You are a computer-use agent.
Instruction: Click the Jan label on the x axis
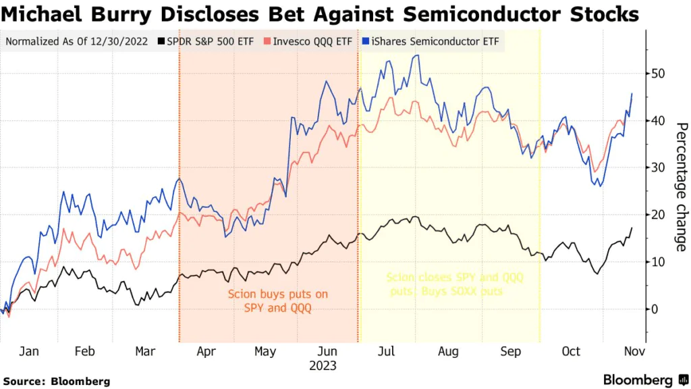[29, 352]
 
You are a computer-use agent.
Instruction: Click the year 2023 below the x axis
[323, 366]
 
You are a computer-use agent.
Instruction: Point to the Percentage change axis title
[681, 187]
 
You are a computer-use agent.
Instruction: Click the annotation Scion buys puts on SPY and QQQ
[269, 301]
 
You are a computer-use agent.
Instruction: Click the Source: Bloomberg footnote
[57, 381]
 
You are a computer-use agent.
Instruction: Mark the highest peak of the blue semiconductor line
[418, 55]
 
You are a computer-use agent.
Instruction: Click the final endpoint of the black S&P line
[632, 228]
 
